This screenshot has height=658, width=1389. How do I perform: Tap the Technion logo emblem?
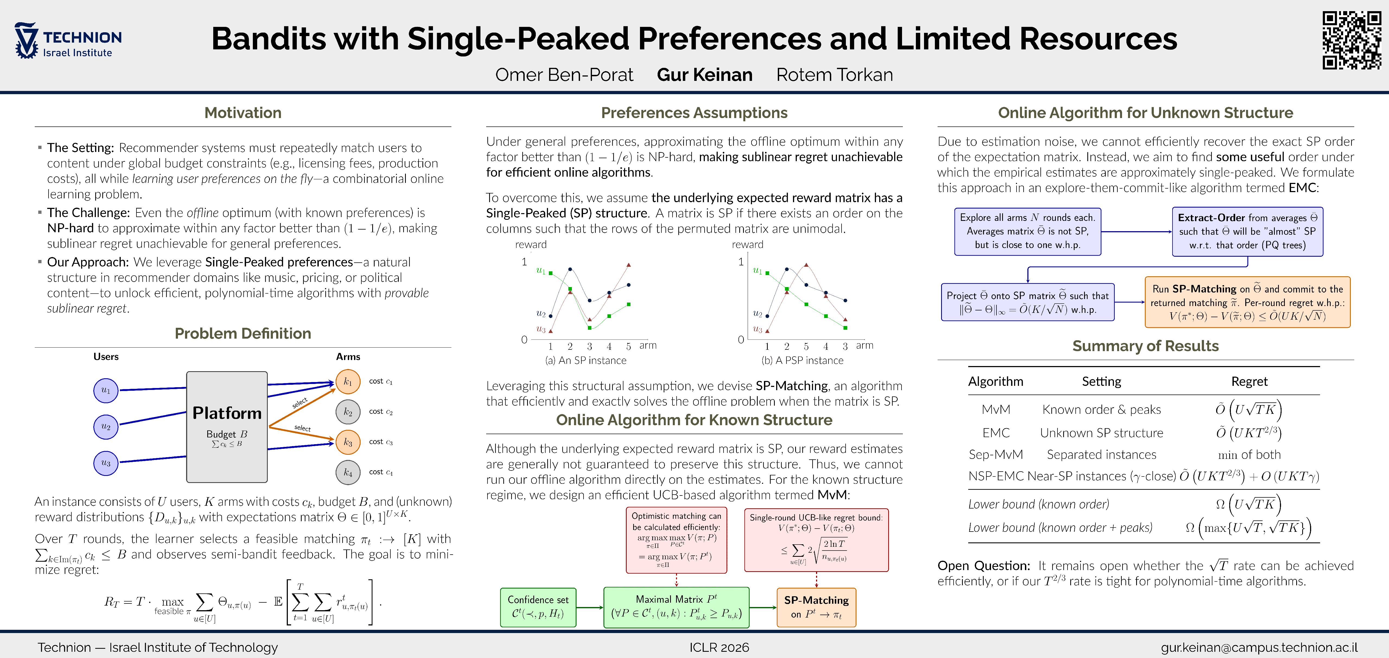click(26, 40)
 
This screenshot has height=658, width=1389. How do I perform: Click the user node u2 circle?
click(106, 427)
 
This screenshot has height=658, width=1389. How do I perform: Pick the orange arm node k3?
click(348, 442)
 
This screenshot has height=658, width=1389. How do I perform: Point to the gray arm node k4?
click(348, 472)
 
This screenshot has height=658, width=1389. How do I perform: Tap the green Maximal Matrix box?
click(676, 607)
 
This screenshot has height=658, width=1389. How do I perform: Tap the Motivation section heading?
click(243, 113)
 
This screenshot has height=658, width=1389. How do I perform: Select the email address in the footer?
click(1259, 647)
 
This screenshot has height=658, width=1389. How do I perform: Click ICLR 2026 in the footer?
click(719, 647)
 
